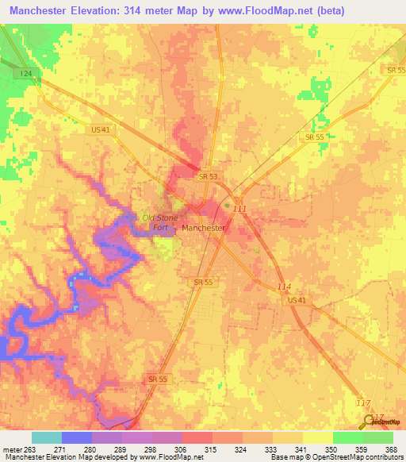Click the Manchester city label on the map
(204, 228)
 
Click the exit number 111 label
(239, 209)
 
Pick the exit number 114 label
(285, 287)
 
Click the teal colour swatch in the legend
(47, 437)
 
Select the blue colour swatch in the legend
(77, 437)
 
